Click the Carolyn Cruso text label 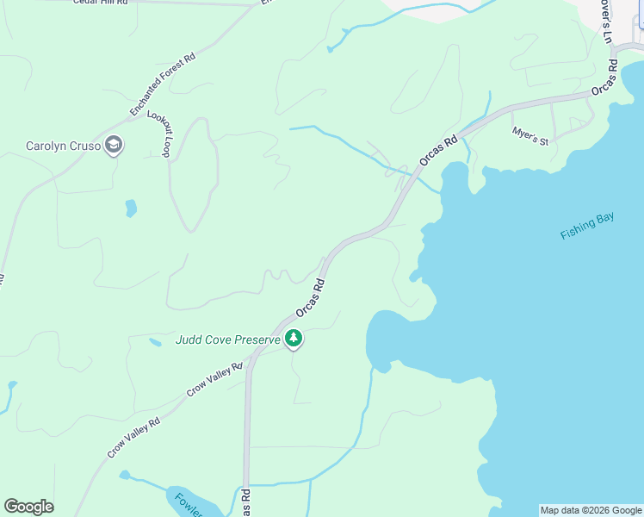click(63, 146)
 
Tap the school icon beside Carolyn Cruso click(114, 146)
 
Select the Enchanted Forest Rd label click(163, 85)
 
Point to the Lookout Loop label click(159, 134)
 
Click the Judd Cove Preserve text click(227, 339)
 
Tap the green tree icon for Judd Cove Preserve click(294, 339)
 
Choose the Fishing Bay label click(587, 226)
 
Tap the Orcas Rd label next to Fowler click(245, 502)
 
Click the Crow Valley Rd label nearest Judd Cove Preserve click(215, 380)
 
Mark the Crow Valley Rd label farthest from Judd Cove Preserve click(134, 438)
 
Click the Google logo click(28, 507)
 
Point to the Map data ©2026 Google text click(591, 510)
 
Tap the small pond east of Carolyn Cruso click(131, 208)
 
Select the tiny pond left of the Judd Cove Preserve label click(155, 342)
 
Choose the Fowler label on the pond click(188, 503)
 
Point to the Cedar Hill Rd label click(100, 3)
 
